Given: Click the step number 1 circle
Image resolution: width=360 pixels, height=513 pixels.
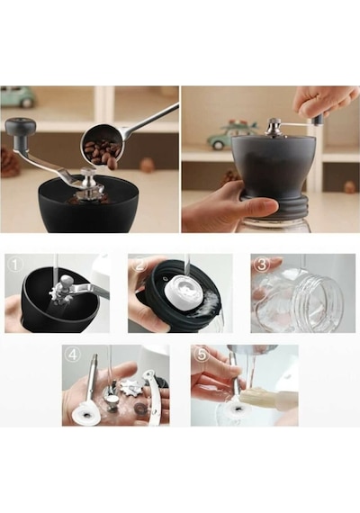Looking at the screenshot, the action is coord(14,265).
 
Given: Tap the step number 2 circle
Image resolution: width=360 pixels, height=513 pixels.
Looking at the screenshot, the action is coord(139,265).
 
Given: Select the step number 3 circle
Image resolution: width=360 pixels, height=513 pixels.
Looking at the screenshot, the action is coord(262,265).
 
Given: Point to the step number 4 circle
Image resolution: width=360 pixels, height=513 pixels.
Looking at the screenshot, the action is coord(73,355).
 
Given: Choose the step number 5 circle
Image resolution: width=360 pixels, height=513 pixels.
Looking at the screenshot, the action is coord(202,355).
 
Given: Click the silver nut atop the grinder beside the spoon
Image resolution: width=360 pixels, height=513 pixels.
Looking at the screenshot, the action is coord(86,177).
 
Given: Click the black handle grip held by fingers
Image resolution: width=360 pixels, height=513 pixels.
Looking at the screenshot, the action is coord(317,121).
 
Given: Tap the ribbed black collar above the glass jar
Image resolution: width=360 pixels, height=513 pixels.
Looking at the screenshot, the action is coord(275,205).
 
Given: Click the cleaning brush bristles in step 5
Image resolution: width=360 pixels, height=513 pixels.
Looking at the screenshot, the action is coord(256,397).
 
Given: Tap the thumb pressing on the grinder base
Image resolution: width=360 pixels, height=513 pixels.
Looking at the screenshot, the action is coord(258,206).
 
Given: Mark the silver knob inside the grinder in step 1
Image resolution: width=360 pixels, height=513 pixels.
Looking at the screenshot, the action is coord(67,281).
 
